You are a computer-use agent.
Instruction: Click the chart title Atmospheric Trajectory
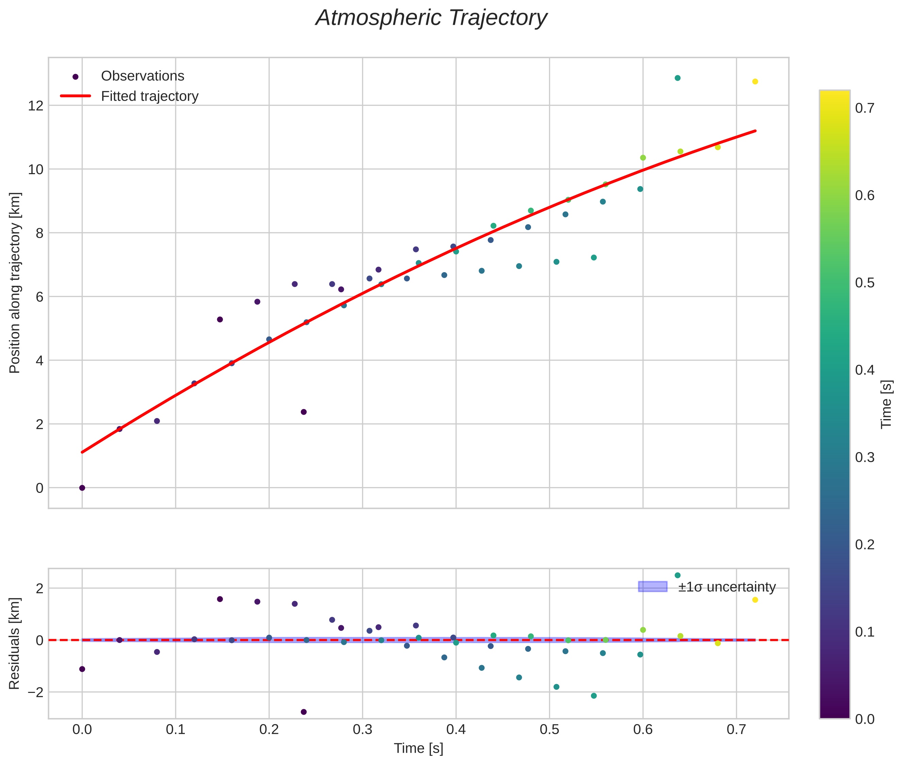pos(431,18)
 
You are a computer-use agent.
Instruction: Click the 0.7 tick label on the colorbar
pos(864,108)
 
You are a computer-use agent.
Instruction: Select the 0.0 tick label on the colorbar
pos(864,719)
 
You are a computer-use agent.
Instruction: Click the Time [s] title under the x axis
pos(418,748)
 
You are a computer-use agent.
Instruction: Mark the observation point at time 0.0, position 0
pos(82,488)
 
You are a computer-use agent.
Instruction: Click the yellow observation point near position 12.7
pos(755,81)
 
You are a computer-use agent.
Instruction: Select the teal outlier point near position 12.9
pos(677,78)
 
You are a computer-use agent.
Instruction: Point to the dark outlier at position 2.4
pos(304,412)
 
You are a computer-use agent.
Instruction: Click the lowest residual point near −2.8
pos(304,712)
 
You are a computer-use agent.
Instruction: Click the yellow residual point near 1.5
pos(755,600)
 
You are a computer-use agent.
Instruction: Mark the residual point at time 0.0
pos(82,669)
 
